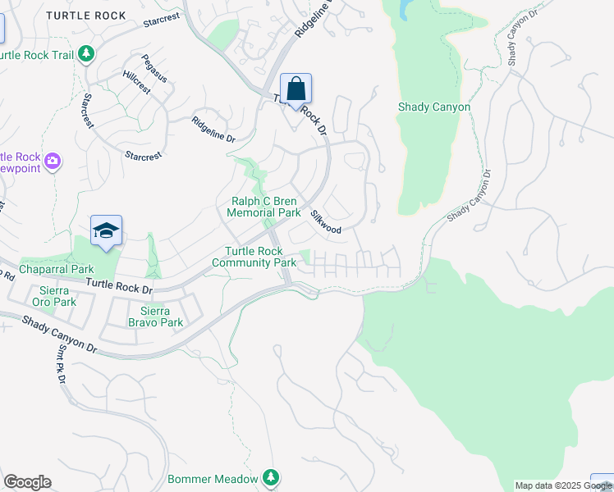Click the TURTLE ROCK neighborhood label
pos(86,16)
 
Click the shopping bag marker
pos(296,89)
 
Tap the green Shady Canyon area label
pos(433,107)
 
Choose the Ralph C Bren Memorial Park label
pos(263,207)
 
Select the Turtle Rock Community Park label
pos(254,257)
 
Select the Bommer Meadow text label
pos(213,479)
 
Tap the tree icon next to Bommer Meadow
pos(271,477)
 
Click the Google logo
pos(27,482)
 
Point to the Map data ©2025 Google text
pos(563,485)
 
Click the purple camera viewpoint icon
pos(53,161)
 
